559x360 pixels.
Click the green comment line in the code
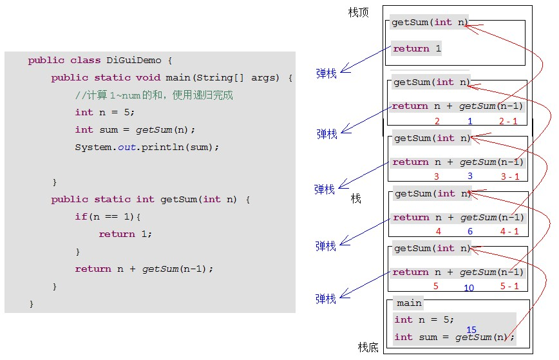pyautogui.click(x=154, y=95)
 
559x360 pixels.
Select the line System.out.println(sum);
pyautogui.click(x=147, y=147)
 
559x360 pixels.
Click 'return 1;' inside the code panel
pyautogui.click(x=126, y=234)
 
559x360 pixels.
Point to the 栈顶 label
pyautogui.click(x=358, y=12)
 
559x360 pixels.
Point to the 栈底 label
pyautogui.click(x=368, y=347)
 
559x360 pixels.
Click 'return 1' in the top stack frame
pyautogui.click(x=417, y=48)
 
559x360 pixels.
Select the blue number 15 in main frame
pyautogui.click(x=471, y=330)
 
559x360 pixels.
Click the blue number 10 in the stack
pyautogui.click(x=469, y=287)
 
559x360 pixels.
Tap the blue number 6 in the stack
pyautogui.click(x=470, y=231)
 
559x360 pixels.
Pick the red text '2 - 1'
pyautogui.click(x=507, y=121)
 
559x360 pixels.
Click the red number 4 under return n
pyautogui.click(x=438, y=231)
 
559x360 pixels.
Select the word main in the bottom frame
pyautogui.click(x=409, y=303)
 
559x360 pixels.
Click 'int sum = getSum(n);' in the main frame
pyautogui.click(x=454, y=337)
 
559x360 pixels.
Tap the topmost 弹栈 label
pyautogui.click(x=326, y=73)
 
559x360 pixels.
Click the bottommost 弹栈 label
pyautogui.click(x=326, y=299)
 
